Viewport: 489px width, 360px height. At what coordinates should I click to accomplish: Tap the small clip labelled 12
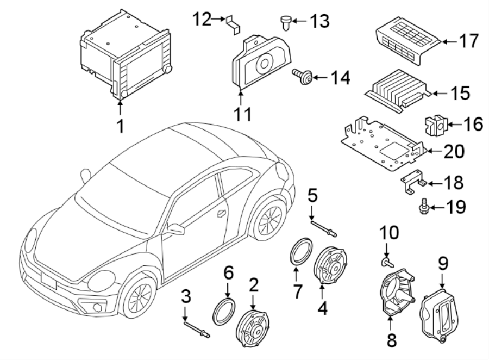click(x=233, y=24)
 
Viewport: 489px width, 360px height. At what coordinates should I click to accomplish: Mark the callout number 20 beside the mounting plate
click(x=450, y=151)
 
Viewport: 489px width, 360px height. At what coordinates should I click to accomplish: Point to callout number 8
click(x=392, y=341)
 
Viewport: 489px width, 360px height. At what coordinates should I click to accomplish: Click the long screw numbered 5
click(x=323, y=227)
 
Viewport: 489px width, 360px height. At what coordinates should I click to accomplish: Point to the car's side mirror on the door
click(x=176, y=229)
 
